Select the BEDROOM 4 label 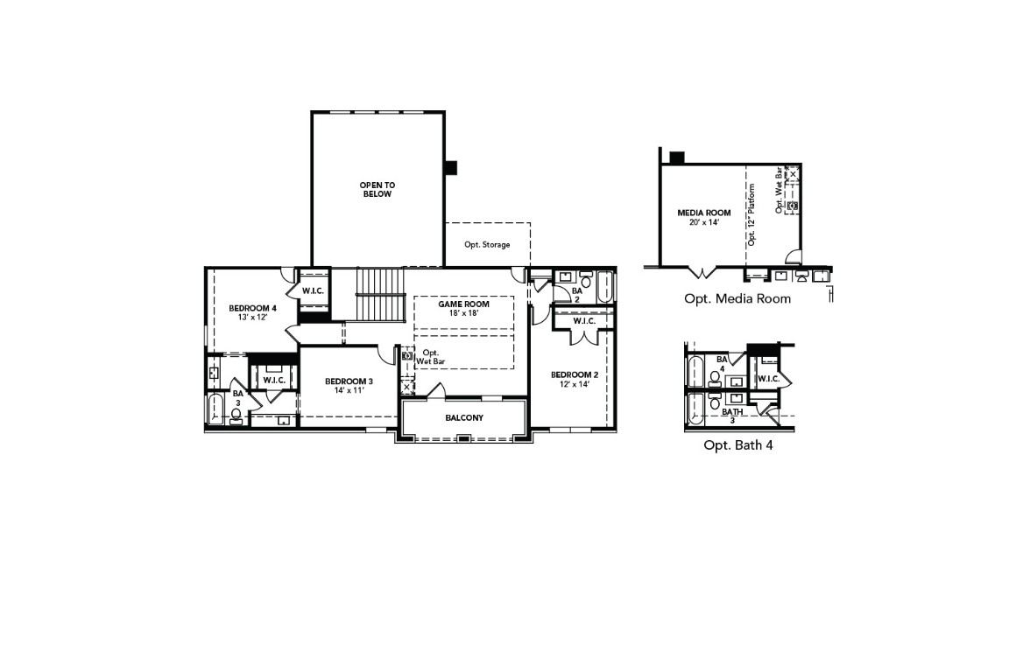click(252, 307)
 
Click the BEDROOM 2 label click(574, 375)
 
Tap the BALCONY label click(463, 417)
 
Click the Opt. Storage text click(487, 245)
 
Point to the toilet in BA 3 click(236, 415)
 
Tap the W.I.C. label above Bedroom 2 click(584, 321)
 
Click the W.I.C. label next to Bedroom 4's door click(314, 290)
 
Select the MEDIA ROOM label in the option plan click(703, 213)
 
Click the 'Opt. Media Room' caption click(737, 298)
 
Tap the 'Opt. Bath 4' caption click(737, 444)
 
